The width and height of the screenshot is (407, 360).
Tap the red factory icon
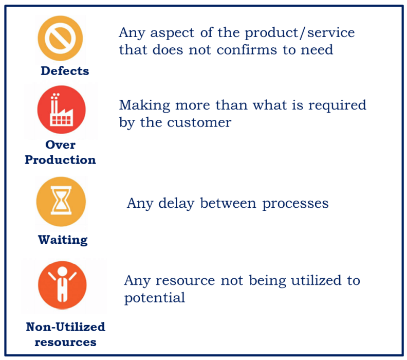tap(61, 110)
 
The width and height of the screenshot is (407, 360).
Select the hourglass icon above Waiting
tap(61, 202)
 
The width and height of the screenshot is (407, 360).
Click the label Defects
tap(65, 71)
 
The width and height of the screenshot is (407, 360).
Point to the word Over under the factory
tap(61, 145)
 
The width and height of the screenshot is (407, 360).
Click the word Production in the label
tap(60, 160)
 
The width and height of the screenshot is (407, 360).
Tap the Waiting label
tap(63, 240)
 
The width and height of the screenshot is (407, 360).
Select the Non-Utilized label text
tap(65, 327)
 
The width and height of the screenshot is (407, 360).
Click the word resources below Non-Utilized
tap(65, 342)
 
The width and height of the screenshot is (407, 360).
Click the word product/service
tap(299, 33)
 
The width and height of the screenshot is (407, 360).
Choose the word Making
tap(143, 105)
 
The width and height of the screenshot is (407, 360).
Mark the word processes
tap(295, 204)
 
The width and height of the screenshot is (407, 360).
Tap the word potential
tap(154, 298)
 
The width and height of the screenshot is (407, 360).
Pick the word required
tap(338, 106)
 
